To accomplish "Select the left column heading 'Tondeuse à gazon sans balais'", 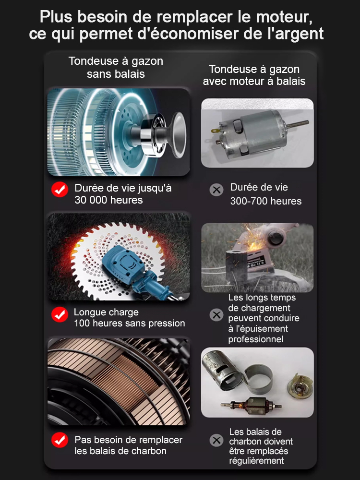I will point(116,68).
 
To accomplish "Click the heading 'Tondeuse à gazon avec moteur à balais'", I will point(254,75).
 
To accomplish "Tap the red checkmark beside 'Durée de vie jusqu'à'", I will point(60,190).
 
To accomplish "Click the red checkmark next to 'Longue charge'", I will point(60,315).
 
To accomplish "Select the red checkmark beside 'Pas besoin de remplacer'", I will point(60,440).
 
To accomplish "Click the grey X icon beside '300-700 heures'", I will point(217,190).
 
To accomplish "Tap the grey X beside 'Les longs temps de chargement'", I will point(217,315).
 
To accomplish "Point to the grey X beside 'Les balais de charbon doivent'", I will point(217,440).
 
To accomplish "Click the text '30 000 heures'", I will point(108,200).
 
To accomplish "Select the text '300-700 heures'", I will point(266,201).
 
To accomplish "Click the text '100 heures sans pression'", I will point(129,324).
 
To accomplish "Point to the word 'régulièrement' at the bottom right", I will point(256,461).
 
